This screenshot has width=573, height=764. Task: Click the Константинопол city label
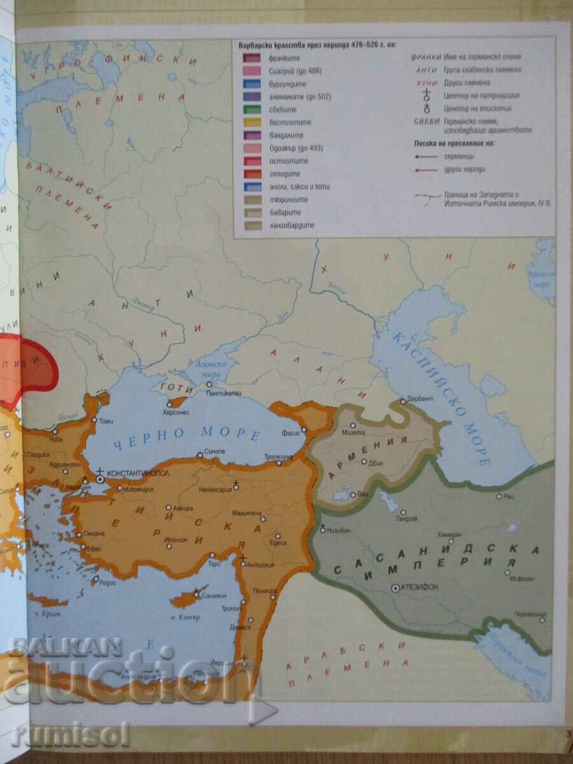pyautogui.click(x=138, y=475)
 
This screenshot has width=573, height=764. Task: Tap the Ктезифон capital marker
pyautogui.click(x=395, y=589)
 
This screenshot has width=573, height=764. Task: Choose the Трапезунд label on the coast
pyautogui.click(x=278, y=457)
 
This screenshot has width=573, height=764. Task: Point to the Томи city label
pyautogui.click(x=106, y=420)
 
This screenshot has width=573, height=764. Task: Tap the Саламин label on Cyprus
pyautogui.click(x=213, y=595)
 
